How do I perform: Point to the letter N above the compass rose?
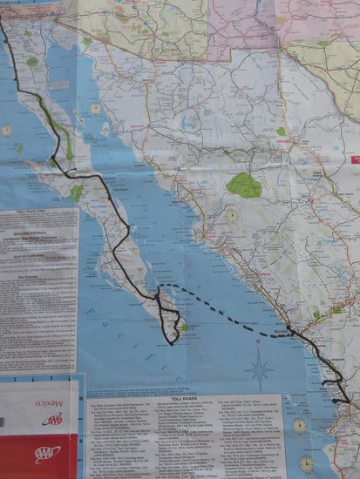point(258,343)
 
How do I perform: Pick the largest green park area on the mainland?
point(244,185)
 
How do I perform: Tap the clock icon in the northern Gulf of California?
point(95,109)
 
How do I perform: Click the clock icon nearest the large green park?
point(232,215)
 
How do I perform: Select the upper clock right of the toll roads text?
point(300,426)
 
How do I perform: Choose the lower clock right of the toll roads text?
point(307,462)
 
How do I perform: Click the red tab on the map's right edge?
point(355,160)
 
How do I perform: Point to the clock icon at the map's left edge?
point(6,131)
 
